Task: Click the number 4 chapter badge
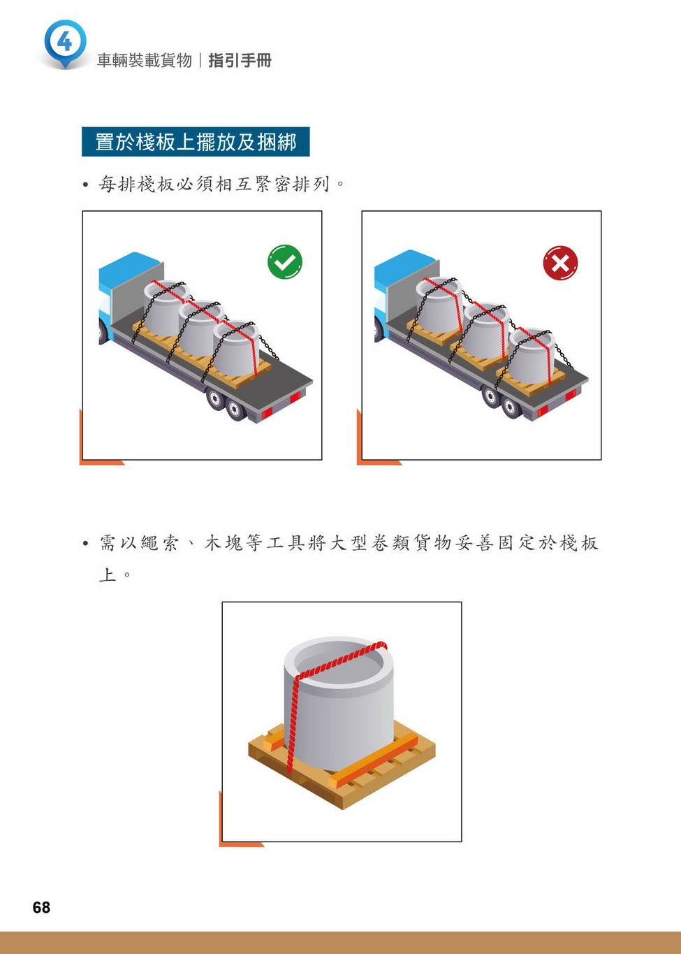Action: (65, 43)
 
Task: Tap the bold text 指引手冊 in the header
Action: (240, 61)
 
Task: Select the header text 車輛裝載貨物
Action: (145, 61)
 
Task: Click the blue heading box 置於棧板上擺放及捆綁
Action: (196, 142)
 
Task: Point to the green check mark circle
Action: (285, 261)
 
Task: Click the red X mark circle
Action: (560, 262)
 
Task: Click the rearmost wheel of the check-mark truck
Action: (235, 410)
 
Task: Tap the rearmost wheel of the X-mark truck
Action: (511, 407)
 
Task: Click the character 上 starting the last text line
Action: (108, 574)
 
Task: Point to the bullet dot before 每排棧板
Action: (86, 185)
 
